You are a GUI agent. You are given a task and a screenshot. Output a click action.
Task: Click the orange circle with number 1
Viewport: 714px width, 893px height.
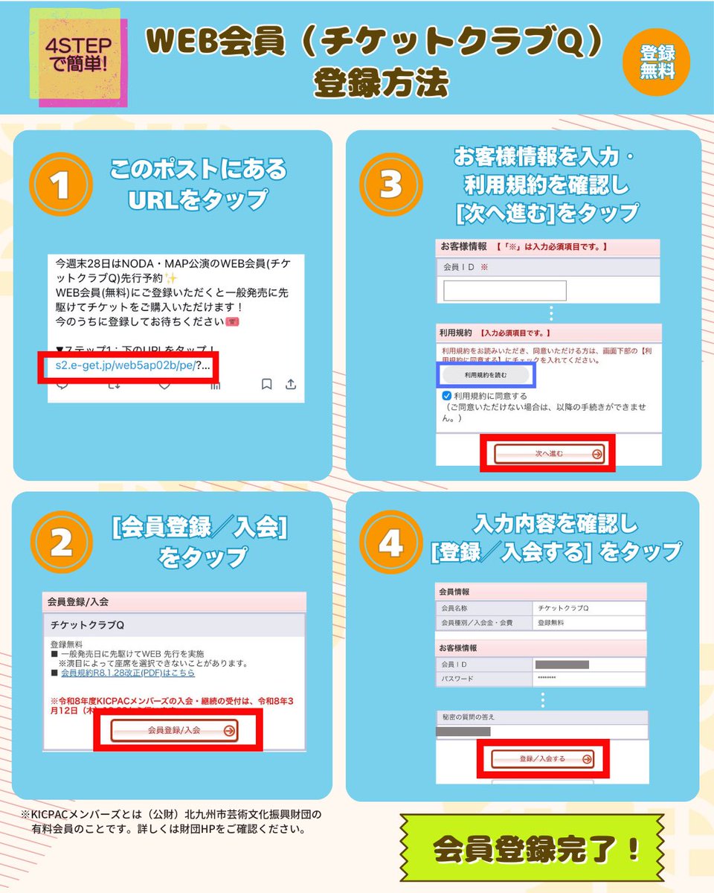pos(60,185)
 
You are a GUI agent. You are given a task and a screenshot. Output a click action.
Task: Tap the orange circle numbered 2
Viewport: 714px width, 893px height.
pos(60,544)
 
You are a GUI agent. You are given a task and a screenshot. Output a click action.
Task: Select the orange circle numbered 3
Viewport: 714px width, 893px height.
pos(390,185)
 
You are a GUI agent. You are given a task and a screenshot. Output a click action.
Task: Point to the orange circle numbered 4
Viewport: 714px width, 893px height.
pos(390,544)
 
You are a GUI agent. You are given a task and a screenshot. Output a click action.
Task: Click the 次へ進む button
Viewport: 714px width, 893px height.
pos(550,453)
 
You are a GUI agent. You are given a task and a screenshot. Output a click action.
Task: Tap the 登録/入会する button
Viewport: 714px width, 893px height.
pos(542,759)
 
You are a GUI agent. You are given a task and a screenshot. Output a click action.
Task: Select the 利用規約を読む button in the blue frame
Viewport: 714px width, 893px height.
pos(486,375)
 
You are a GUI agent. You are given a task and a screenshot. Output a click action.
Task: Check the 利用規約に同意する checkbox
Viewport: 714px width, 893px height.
pos(446,396)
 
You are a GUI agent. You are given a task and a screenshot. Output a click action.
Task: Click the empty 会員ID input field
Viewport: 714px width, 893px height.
pos(504,291)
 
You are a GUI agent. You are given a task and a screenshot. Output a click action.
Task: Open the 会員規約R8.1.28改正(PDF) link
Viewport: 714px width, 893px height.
pos(127,673)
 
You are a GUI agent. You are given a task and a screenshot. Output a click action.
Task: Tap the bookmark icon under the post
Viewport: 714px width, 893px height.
pos(266,384)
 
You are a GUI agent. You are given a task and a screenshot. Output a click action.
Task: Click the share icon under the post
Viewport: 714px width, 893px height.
pos(291,384)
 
